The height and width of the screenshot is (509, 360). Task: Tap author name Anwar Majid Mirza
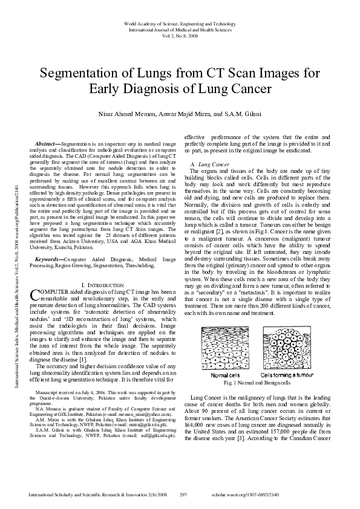[x=189, y=115]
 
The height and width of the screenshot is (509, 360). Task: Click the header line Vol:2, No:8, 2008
[x=180, y=36]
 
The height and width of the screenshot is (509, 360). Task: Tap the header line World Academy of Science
[x=180, y=23]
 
